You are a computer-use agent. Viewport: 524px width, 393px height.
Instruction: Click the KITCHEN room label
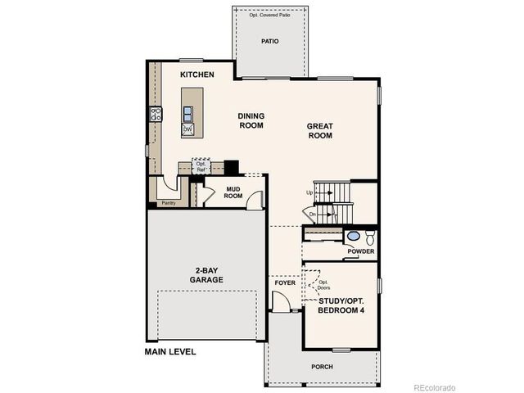(x=197, y=75)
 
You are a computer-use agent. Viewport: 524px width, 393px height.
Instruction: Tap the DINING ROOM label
(x=251, y=121)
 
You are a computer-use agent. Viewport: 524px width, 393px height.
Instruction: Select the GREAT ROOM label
(x=320, y=131)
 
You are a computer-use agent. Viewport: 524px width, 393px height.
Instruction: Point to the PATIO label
(x=270, y=40)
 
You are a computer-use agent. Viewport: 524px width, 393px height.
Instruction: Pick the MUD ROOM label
(x=234, y=192)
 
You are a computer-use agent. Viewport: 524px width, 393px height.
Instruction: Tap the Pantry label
(x=169, y=202)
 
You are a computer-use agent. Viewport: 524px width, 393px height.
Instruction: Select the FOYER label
(x=284, y=282)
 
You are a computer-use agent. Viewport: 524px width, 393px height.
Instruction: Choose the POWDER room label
(x=360, y=251)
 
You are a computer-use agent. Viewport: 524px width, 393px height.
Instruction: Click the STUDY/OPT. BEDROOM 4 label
(x=341, y=306)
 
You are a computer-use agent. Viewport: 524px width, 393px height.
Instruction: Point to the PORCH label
(x=322, y=367)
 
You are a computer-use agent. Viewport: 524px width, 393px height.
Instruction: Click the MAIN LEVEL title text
(x=170, y=352)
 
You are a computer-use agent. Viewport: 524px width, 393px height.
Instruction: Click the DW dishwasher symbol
(x=187, y=130)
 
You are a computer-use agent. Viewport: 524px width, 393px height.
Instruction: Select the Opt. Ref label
(x=201, y=166)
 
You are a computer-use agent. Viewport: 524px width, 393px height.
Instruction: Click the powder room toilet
(x=369, y=237)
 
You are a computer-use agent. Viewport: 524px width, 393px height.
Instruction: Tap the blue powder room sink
(x=353, y=237)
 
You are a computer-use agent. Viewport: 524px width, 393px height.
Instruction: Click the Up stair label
(x=309, y=193)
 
